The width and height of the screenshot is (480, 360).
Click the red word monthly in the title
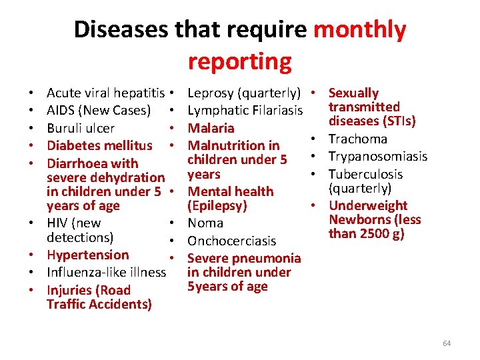[x=359, y=30]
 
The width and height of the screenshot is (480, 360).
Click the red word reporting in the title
[x=239, y=61]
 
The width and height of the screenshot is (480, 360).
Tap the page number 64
[x=447, y=343]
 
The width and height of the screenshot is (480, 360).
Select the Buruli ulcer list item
[x=81, y=128]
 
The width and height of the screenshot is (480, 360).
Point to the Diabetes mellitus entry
[x=99, y=145]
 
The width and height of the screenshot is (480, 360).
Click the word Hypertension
[x=88, y=255]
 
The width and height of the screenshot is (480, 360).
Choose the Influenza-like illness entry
[x=106, y=272]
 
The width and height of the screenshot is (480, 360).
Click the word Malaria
[x=211, y=128]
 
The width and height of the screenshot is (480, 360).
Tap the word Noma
[x=205, y=223]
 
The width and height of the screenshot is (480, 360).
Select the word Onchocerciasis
[x=232, y=241]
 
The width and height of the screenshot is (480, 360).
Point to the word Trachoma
[x=358, y=139]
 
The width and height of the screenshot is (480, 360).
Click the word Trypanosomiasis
[x=378, y=156]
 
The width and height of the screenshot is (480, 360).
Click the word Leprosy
[x=211, y=93]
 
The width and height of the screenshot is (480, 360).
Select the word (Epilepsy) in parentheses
[x=218, y=206]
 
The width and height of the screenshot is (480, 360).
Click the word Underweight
[x=368, y=205]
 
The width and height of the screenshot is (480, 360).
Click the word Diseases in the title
[x=121, y=30]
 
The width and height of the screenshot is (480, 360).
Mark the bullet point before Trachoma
[x=311, y=139]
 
